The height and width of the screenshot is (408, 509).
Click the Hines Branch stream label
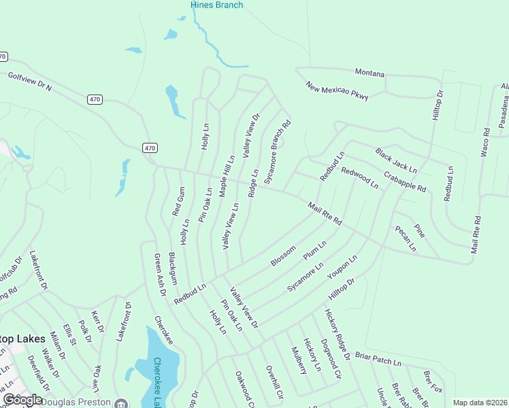[x=216, y=5]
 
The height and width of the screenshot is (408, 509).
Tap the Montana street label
[x=370, y=73]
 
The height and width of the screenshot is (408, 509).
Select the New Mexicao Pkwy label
[x=337, y=91]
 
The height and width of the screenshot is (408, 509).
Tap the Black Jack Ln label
[x=396, y=160]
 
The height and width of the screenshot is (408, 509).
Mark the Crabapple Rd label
[x=404, y=180]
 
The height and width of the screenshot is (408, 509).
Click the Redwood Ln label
[x=359, y=177]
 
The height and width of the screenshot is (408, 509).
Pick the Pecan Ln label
[x=406, y=238]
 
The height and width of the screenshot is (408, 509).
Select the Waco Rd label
[x=485, y=142]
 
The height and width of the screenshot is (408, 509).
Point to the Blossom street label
[x=283, y=256]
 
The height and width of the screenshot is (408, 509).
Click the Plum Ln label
[x=315, y=249]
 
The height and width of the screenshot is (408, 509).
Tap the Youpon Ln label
[x=342, y=267]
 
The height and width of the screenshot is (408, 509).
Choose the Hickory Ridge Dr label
[x=337, y=334]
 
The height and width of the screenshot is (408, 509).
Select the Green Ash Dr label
[x=161, y=275]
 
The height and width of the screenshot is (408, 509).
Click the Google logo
[x=22, y=400]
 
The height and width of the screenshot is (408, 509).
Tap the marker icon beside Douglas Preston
[x=120, y=402]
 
